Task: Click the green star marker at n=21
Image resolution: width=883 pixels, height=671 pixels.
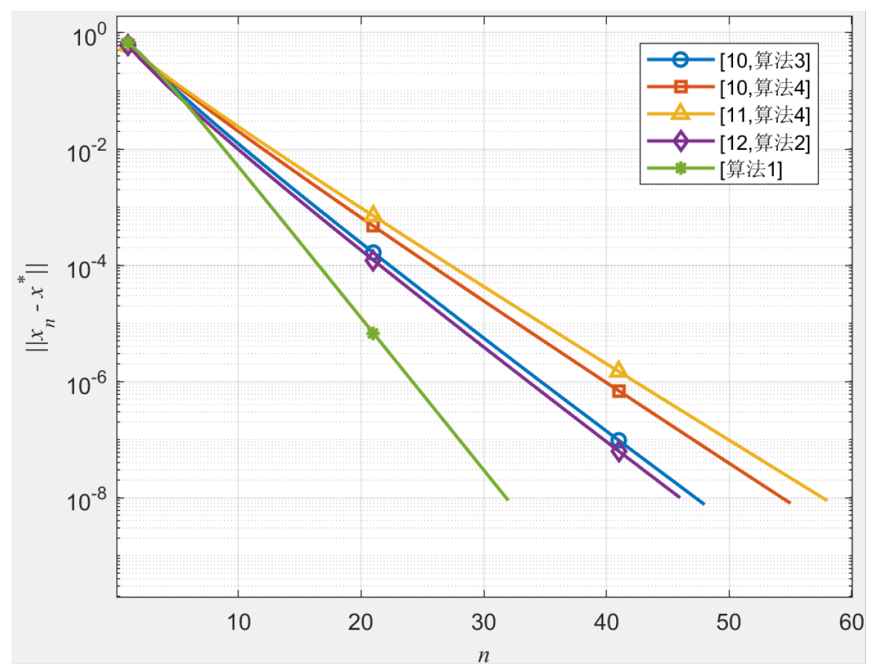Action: coord(373,333)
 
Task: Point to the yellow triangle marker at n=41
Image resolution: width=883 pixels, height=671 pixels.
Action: coord(618,370)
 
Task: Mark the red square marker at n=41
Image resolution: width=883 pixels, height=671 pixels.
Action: coord(619,391)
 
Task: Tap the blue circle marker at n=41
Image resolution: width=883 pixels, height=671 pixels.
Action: coord(619,440)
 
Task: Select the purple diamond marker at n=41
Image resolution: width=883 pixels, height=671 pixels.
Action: coord(618,451)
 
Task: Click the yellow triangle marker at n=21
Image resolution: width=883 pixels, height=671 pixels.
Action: coord(373,214)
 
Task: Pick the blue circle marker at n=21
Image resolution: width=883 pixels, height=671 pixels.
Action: coord(373,253)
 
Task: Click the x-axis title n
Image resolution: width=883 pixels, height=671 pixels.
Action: coord(484,653)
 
